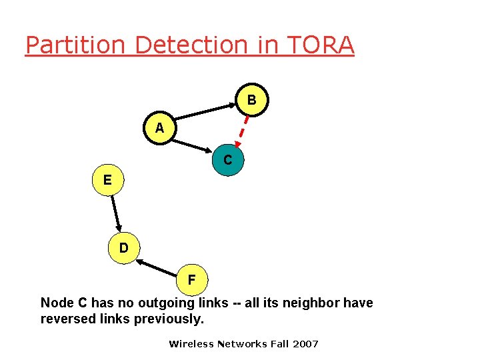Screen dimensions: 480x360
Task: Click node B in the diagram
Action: [251, 100]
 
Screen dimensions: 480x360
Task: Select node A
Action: [159, 127]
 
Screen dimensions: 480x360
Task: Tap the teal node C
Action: [227, 160]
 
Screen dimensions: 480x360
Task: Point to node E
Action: [107, 179]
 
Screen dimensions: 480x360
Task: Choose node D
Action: [124, 248]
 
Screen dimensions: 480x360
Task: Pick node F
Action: [191, 279]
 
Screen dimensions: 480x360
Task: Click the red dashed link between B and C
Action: [243, 131]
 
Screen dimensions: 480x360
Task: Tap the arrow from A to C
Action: [193, 144]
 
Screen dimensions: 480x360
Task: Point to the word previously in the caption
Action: [170, 319]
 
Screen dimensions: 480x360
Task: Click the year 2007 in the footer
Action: [306, 344]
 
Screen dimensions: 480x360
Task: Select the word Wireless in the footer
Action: [191, 344]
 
